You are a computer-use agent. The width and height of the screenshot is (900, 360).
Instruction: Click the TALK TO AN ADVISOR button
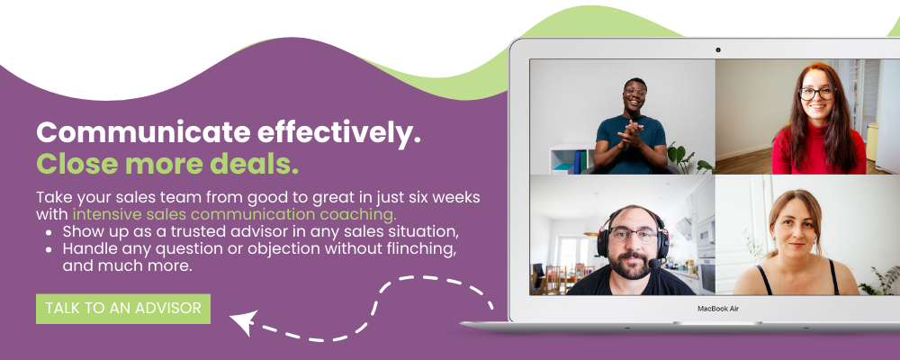click(x=123, y=309)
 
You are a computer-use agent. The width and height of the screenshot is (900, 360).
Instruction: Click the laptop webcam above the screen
click(x=717, y=50)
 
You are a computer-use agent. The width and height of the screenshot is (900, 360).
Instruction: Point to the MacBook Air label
click(x=718, y=309)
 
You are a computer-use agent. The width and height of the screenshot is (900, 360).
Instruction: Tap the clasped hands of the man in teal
click(x=630, y=136)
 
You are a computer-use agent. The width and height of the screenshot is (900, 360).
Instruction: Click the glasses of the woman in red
click(x=816, y=93)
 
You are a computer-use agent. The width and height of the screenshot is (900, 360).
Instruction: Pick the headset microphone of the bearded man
click(x=653, y=264)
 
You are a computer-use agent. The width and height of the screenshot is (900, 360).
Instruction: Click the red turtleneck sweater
click(x=818, y=150)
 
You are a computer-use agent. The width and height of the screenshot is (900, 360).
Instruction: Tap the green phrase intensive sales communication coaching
click(x=235, y=215)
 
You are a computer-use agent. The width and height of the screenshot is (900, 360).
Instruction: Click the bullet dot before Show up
click(x=49, y=232)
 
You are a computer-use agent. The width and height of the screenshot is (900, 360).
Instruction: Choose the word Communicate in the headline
click(x=143, y=132)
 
